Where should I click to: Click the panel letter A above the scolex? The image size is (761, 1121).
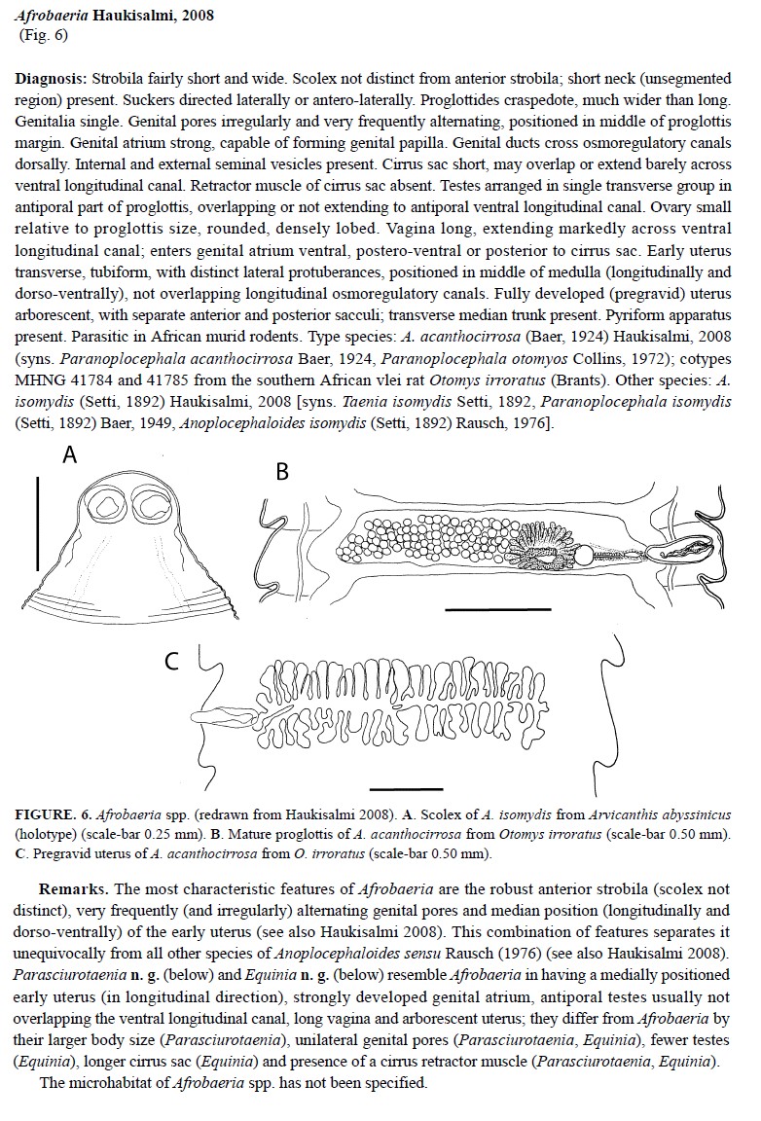coord(70,455)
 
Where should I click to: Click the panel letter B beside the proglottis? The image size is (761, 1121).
coord(282,472)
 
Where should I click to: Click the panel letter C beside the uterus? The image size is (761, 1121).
coord(171,662)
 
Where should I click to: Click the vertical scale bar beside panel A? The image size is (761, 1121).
coord(37,523)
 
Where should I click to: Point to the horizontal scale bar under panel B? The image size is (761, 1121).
coord(484,608)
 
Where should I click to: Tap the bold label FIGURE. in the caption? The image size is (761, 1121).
coord(47,813)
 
